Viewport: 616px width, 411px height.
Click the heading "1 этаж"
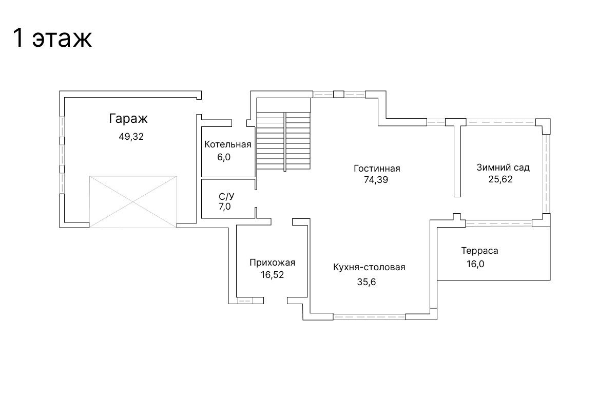click(52, 38)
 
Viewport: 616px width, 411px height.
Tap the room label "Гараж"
click(128, 118)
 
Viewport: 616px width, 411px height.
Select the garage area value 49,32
click(131, 137)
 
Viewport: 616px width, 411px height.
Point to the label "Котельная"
click(228, 144)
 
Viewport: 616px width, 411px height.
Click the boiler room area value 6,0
click(224, 157)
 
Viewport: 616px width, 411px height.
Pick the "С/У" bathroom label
click(226, 197)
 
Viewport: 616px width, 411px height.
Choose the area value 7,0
click(225, 207)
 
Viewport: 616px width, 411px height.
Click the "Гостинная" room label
click(377, 169)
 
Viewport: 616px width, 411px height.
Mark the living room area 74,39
click(376, 180)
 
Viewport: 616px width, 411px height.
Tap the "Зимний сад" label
click(503, 167)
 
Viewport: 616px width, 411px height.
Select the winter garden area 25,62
click(500, 179)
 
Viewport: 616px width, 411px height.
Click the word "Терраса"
click(479, 251)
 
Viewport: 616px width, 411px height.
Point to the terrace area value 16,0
click(475, 264)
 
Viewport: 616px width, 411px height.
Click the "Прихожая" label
click(272, 263)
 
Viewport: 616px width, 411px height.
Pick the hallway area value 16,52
click(272, 275)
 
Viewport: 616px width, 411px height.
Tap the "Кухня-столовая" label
click(369, 267)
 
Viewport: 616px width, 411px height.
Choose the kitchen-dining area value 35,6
click(367, 282)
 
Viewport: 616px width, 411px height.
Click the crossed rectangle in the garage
click(133, 202)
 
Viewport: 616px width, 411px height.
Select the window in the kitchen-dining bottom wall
click(369, 316)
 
